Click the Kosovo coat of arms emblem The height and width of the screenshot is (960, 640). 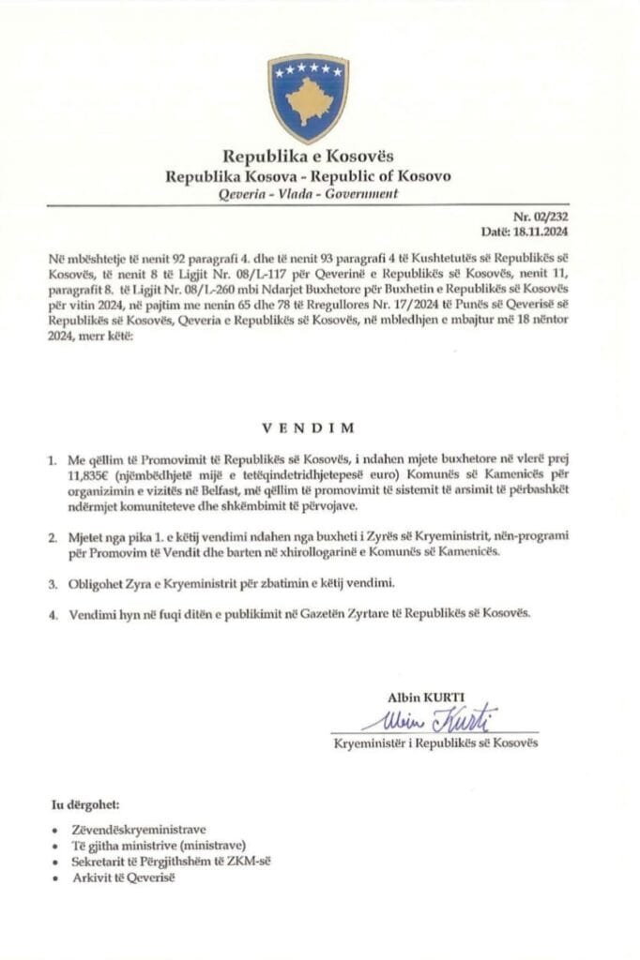click(308, 97)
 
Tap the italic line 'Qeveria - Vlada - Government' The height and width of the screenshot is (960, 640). click(307, 194)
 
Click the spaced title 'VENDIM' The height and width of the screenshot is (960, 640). click(309, 428)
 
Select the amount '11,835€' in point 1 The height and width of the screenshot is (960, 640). click(84, 474)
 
